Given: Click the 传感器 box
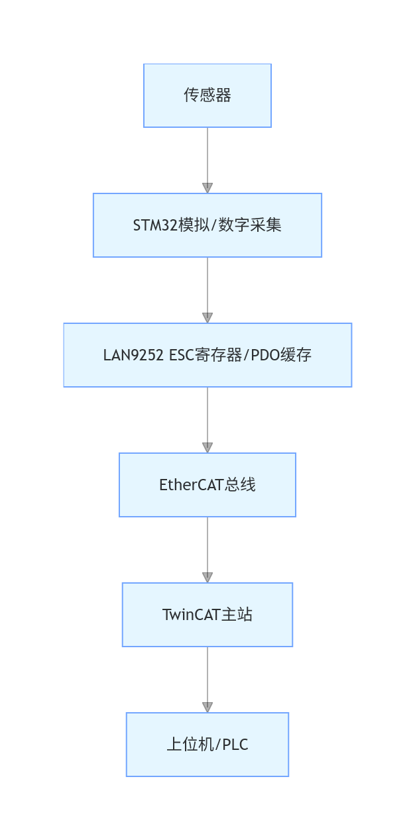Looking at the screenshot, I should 207,95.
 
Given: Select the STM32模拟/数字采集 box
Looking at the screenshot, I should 207,225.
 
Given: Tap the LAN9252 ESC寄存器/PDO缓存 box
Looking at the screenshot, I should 207,355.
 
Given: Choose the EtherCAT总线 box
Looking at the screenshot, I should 207,485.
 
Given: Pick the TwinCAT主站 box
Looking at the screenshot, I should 207,615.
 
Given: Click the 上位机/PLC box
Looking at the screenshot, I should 207,745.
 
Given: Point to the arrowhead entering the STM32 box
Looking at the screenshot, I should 207,187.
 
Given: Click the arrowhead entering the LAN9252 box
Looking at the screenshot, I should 207,317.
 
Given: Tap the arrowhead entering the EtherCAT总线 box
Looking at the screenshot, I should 207,447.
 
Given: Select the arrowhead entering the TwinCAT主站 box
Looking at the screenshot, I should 207,577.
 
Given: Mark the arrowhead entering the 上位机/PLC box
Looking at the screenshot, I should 207,707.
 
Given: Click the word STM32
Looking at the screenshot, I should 155,225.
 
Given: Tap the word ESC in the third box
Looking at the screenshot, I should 182,355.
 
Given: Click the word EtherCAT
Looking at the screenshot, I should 188,485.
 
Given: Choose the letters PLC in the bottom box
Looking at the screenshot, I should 235,745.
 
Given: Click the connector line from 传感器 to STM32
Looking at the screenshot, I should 207,155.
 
